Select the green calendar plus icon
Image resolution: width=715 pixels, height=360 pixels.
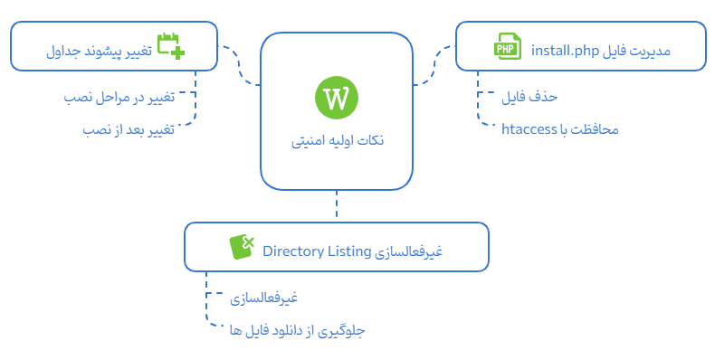[170, 46]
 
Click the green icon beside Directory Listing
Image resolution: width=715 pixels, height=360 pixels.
[242, 246]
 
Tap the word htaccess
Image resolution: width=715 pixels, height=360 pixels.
[529, 129]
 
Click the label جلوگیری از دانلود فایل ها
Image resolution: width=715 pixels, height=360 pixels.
[297, 331]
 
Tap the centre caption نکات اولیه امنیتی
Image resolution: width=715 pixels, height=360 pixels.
[337, 142]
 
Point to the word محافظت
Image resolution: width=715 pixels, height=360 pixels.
[597, 129]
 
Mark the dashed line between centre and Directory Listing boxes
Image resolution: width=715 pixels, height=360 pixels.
[336, 206]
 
